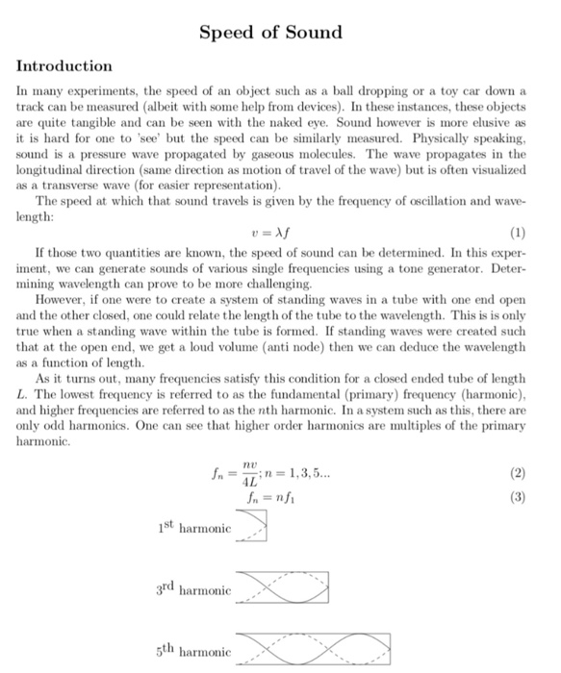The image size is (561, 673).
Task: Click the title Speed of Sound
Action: coord(270,33)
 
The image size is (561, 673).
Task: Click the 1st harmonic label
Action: coord(193,528)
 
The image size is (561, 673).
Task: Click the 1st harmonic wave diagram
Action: coord(251,525)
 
